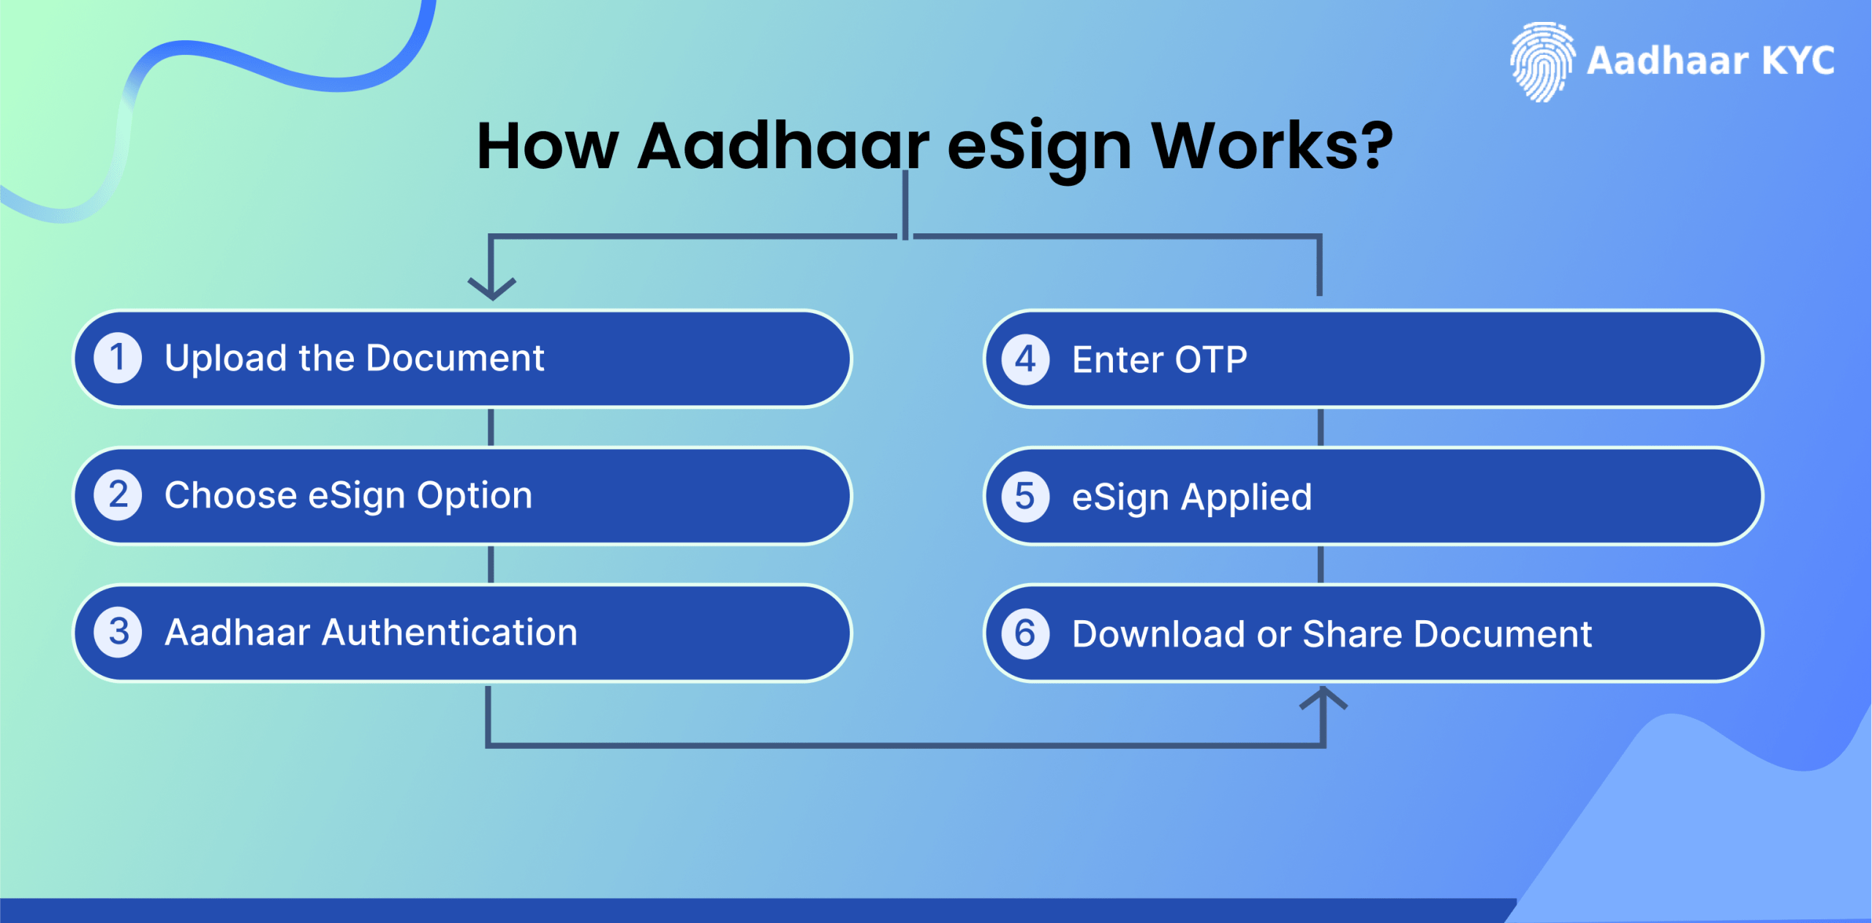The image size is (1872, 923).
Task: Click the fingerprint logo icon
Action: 1541,61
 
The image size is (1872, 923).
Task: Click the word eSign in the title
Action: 1039,146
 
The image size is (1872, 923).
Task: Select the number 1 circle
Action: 118,358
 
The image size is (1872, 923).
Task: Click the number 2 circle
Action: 118,495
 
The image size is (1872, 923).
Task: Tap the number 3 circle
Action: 118,632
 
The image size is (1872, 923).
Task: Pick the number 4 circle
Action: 1025,359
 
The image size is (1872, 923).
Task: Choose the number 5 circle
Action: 1025,497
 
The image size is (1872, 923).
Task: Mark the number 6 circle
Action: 1025,633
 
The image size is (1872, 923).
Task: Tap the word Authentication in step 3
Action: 450,633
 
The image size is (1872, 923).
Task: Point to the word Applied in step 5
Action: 1246,498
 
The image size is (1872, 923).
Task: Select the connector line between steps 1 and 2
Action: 491,427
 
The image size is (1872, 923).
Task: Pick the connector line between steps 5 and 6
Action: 1321,564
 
